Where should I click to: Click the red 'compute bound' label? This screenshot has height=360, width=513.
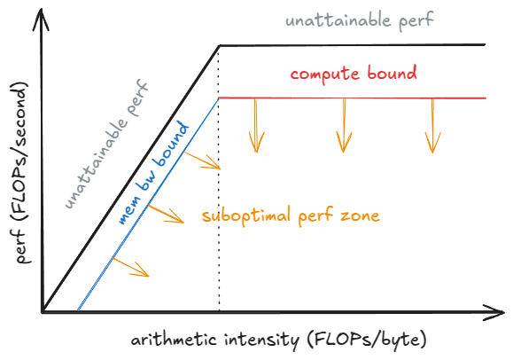tap(353, 73)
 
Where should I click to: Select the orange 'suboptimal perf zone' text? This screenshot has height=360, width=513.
tap(291, 215)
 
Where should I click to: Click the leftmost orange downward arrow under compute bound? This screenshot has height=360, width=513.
tap(256, 124)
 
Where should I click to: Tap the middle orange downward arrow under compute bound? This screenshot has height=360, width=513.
tap(343, 124)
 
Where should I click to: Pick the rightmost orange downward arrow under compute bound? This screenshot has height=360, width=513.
tap(431, 124)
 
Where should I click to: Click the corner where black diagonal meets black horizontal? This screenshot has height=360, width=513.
tap(219, 45)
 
